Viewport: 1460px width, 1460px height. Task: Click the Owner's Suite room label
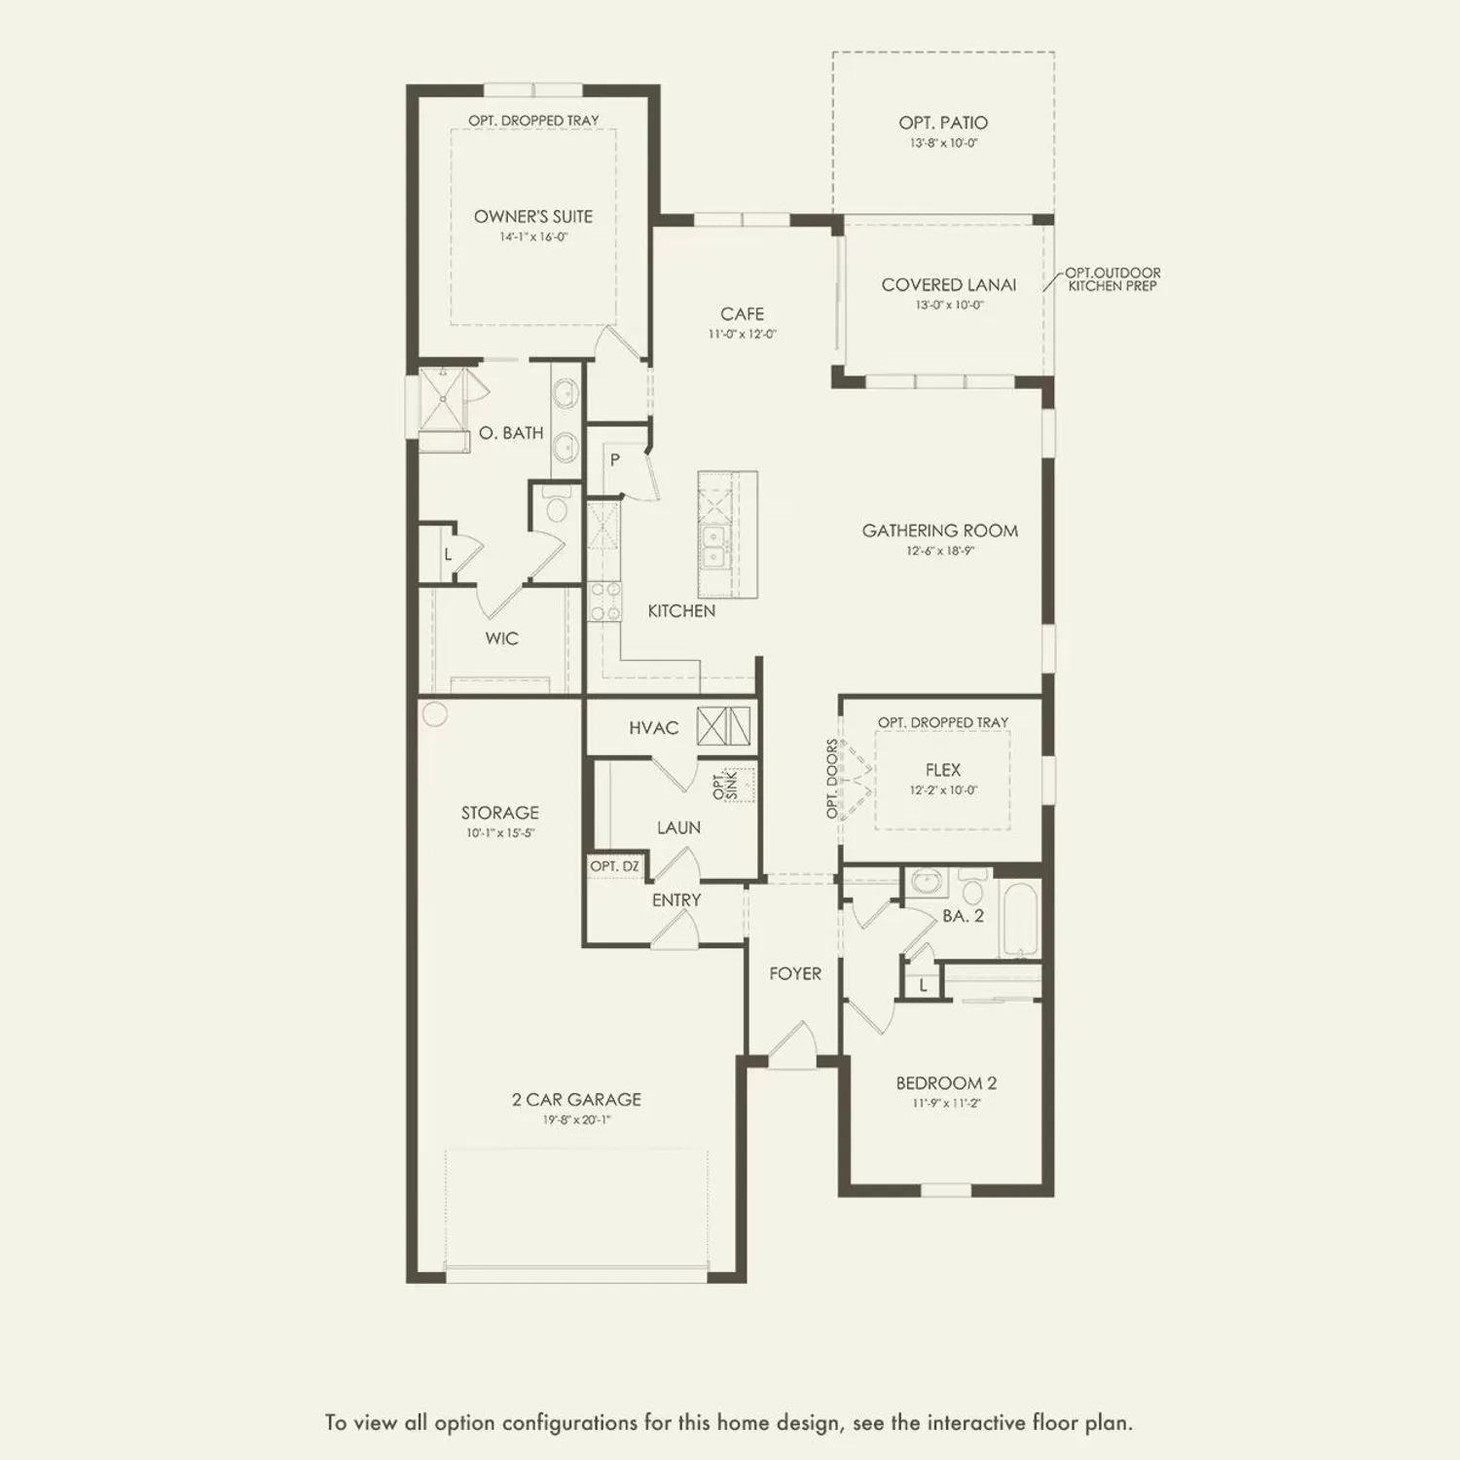(532, 216)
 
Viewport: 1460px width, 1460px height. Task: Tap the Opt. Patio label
(943, 123)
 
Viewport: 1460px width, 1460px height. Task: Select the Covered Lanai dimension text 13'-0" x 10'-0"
(949, 305)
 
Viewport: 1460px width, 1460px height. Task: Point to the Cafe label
(742, 313)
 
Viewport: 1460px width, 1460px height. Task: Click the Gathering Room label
(939, 530)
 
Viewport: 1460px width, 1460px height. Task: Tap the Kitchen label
(681, 610)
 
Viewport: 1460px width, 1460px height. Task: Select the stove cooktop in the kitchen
(605, 601)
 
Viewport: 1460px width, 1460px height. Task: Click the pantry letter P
(614, 459)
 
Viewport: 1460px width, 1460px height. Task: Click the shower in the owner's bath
(443, 398)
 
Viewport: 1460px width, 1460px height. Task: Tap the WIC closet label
(501, 639)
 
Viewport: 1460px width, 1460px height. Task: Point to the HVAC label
(653, 728)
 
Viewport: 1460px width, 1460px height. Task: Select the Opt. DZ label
(615, 866)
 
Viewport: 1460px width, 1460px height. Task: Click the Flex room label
(942, 769)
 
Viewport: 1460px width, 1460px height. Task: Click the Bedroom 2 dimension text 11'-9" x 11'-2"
(946, 1104)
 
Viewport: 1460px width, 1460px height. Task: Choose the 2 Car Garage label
(576, 1099)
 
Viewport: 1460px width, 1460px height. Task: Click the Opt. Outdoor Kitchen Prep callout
(1113, 279)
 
